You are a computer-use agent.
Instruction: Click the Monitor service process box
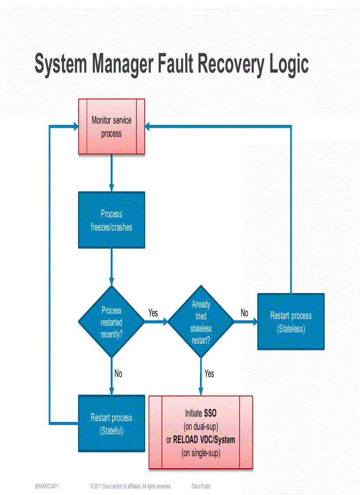point(112,127)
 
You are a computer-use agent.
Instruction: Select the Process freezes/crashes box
point(112,220)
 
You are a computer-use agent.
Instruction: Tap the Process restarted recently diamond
point(112,322)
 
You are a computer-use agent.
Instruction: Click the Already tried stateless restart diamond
point(201,322)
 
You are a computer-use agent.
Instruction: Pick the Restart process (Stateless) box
point(291,322)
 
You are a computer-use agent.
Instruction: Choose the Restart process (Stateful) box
point(112,424)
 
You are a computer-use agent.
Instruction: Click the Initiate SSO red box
point(201,432)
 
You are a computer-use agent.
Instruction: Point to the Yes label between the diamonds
point(153,313)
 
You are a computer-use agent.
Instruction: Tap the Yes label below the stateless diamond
point(209,374)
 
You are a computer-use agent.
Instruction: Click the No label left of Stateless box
point(244,313)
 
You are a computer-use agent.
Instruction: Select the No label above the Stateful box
point(118,374)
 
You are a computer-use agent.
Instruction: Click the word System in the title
point(60,64)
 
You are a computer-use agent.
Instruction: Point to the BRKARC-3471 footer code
point(47,487)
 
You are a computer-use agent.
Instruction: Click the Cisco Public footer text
point(201,487)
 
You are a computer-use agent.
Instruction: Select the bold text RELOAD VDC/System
point(204,440)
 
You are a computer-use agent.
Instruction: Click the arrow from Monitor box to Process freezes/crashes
point(112,173)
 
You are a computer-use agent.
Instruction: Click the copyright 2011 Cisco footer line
point(131,487)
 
